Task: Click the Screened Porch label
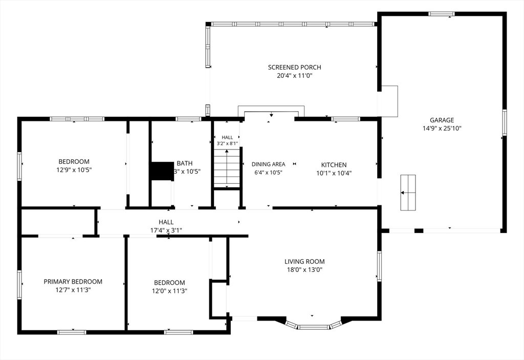pos(294,67)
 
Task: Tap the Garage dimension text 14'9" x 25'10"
pos(442,128)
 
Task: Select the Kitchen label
pos(334,164)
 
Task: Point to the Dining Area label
pos(268,164)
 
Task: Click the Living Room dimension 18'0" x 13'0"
pos(304,270)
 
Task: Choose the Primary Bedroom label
pos(73,282)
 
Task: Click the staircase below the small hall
pos(227,168)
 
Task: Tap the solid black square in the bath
pos(162,172)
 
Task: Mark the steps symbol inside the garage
pos(408,193)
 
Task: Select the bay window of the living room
pos(314,325)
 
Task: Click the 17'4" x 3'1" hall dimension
pos(166,230)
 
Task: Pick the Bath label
pos(184,163)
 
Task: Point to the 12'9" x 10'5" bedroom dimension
pos(74,170)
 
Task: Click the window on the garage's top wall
pos(442,14)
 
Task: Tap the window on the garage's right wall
pos(505,122)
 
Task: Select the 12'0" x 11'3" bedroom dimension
pos(169,291)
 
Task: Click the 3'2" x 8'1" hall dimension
pos(227,143)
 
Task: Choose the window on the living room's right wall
pos(379,266)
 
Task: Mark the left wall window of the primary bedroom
pos(19,285)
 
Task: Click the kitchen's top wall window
pos(345,119)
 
